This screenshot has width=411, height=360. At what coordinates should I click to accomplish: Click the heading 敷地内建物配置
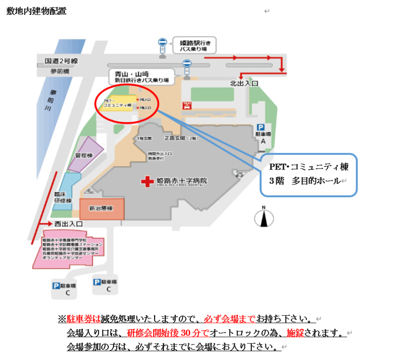pyautogui.click(x=36, y=11)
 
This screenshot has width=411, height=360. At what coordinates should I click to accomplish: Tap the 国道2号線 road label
pyautogui.click(x=61, y=61)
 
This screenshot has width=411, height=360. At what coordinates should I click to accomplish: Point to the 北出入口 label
pyautogui.click(x=243, y=83)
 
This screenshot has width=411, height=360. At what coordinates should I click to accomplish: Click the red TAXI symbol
pyautogui.click(x=187, y=105)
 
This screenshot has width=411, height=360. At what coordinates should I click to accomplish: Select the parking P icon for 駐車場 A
pyautogui.click(x=260, y=127)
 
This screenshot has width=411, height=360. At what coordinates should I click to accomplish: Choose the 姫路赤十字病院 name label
pyautogui.click(x=182, y=181)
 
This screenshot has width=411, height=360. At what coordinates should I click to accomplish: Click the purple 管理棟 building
pyautogui.click(x=83, y=156)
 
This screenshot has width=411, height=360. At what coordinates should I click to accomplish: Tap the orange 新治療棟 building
pyautogui.click(x=102, y=209)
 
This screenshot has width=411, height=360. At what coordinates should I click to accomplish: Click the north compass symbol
pyautogui.click(x=263, y=218)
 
